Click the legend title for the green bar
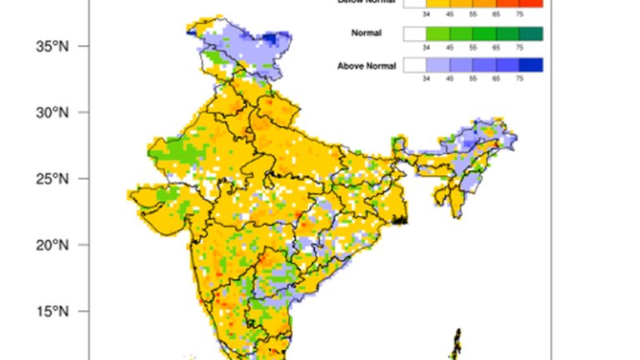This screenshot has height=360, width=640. tap(367, 33)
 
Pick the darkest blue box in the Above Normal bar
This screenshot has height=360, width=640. tap(531, 65)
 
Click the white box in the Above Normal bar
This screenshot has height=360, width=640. tap(414, 65)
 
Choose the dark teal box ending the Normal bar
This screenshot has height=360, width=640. tap(531, 33)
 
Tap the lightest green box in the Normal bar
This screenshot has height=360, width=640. tap(437, 33)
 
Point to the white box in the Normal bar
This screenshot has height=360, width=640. tap(414, 33)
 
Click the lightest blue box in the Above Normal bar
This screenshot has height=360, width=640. tap(437, 65)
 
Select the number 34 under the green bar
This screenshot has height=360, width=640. tap(426, 47)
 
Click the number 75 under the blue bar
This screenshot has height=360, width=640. tap(519, 77)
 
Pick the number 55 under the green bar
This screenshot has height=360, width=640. tap(472, 47)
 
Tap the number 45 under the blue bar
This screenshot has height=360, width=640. tap(449, 77)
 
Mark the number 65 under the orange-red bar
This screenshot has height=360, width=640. tap(496, 14)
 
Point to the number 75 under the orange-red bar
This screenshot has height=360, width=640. tap(519, 14)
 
